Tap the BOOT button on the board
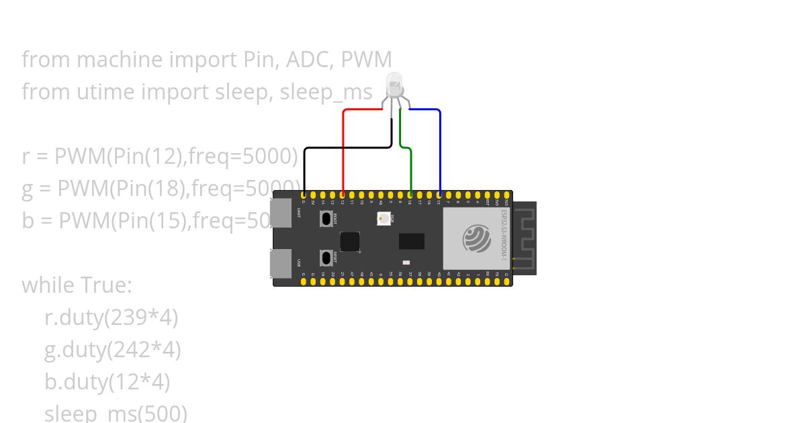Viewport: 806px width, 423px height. coord(328,219)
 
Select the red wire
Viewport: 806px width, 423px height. coord(343,148)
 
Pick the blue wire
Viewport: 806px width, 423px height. coord(440,148)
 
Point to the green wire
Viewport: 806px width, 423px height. coord(410,168)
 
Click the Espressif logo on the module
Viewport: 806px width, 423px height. coord(477,238)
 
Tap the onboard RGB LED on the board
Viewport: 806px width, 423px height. coord(384,218)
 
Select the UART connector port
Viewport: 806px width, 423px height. coord(281,213)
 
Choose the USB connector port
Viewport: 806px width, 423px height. coord(281,263)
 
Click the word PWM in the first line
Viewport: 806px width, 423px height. coord(366,60)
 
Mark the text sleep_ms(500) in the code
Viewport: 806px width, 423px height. coord(116,413)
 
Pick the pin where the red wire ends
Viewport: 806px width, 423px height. coord(343,195)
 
